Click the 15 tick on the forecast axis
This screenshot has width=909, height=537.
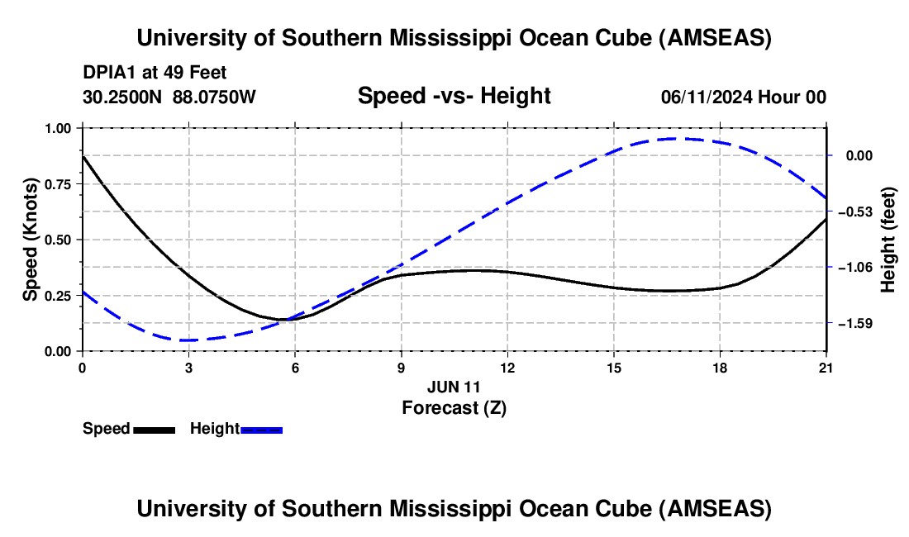point(614,368)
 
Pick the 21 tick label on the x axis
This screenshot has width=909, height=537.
point(826,368)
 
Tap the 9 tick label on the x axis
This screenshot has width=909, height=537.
point(401,368)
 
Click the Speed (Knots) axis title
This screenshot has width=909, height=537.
point(31,240)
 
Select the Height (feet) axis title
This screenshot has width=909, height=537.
point(888,240)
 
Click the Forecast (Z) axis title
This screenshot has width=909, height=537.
point(454,407)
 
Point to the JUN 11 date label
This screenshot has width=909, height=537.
point(454,387)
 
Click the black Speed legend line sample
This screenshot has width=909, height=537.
point(154,430)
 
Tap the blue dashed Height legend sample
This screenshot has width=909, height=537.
point(262,430)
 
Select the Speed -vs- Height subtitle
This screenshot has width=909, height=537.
point(454,97)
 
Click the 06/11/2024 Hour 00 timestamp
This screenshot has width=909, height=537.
point(744,97)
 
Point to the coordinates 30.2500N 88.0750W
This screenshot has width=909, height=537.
point(169,97)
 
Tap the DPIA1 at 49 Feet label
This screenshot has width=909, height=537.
point(155,73)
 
